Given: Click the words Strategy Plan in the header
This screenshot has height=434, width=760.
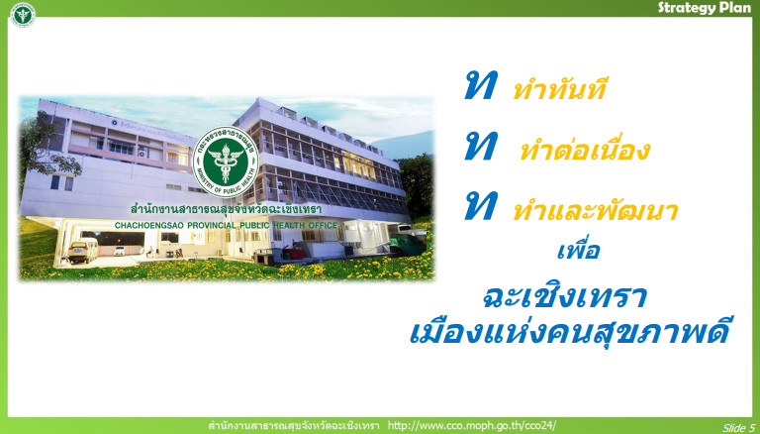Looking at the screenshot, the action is (705, 8).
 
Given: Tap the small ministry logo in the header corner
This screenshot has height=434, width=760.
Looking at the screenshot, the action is (23, 15).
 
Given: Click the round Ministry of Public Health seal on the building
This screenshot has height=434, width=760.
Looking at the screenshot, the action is (226, 162).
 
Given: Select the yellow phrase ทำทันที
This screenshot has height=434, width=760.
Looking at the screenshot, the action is (559, 89).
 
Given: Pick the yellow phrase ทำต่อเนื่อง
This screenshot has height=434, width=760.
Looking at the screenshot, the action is (585, 149).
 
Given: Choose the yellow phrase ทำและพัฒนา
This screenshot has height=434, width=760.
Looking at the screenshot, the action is (595, 210).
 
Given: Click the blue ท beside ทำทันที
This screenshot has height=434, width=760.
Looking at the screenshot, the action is (481, 85).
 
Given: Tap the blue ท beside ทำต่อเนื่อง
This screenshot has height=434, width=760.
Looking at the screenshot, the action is (481, 146).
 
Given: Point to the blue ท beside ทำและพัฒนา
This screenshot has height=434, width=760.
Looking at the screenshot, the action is (481, 206).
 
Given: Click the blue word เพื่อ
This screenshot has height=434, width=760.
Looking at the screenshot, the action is (579, 249).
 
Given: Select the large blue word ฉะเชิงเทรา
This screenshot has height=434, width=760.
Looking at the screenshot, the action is (565, 296).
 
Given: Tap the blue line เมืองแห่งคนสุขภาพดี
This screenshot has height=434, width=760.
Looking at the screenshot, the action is (570, 330).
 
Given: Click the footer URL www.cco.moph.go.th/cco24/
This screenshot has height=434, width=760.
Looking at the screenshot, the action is (472, 426).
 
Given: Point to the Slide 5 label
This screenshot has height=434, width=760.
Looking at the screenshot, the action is (738, 428).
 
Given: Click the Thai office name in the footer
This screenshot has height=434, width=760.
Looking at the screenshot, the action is (294, 426).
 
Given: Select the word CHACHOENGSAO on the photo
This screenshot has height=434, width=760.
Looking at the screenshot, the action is (149, 225).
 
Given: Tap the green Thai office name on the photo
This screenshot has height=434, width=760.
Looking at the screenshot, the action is (226, 209).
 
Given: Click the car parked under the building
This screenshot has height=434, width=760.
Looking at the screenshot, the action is (83, 251).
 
